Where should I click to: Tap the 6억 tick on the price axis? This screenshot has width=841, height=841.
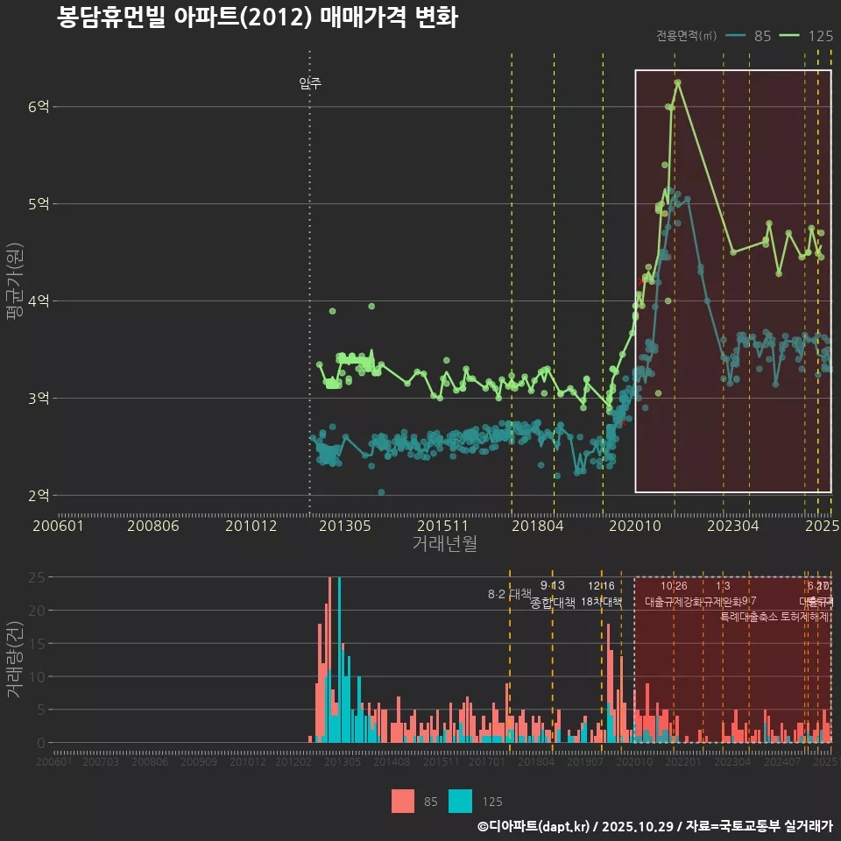click(39, 107)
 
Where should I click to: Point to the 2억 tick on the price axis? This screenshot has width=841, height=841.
click(39, 496)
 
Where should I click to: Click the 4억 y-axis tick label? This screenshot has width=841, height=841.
click(39, 301)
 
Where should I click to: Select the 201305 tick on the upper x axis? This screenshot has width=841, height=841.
click(344, 526)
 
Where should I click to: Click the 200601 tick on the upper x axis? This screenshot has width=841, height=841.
click(58, 526)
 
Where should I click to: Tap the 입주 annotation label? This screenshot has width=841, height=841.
click(310, 84)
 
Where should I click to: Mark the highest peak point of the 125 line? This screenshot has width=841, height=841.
click(677, 83)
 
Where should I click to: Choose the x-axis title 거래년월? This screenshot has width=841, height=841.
click(444, 544)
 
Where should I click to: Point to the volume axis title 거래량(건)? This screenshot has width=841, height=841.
click(15, 660)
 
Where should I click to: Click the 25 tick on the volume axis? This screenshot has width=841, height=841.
click(38, 577)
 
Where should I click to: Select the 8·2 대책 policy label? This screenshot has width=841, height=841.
click(509, 594)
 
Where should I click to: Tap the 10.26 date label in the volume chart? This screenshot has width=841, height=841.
click(674, 585)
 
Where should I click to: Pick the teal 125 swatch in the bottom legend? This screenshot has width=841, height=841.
click(460, 801)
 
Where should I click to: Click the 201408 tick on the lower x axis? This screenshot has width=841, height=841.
click(392, 762)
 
